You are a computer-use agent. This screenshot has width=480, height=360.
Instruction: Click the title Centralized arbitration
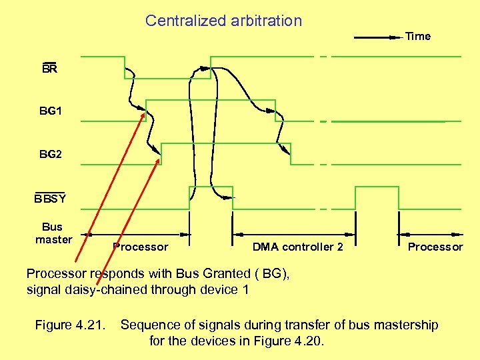223,21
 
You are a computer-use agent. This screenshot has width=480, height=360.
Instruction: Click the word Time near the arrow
418,36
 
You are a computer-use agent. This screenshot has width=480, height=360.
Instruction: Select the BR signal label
49,69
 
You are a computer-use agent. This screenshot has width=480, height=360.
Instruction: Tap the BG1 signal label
51,111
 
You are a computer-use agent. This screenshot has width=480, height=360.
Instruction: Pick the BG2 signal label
51,155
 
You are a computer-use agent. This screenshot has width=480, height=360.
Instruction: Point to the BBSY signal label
50,199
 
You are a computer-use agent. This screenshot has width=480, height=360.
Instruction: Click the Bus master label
53,233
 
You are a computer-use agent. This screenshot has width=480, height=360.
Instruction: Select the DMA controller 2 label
298,247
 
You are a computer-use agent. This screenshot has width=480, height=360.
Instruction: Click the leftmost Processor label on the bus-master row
141,247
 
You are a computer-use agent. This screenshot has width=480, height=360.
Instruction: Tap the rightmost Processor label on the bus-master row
435,247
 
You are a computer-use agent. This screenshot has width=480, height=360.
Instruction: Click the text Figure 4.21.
71,325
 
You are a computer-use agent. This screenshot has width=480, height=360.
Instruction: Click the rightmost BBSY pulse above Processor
377,197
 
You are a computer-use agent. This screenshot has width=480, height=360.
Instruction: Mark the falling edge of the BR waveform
125,67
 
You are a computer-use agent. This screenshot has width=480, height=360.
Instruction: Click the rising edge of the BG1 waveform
146,111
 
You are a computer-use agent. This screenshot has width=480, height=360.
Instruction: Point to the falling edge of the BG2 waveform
291,154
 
